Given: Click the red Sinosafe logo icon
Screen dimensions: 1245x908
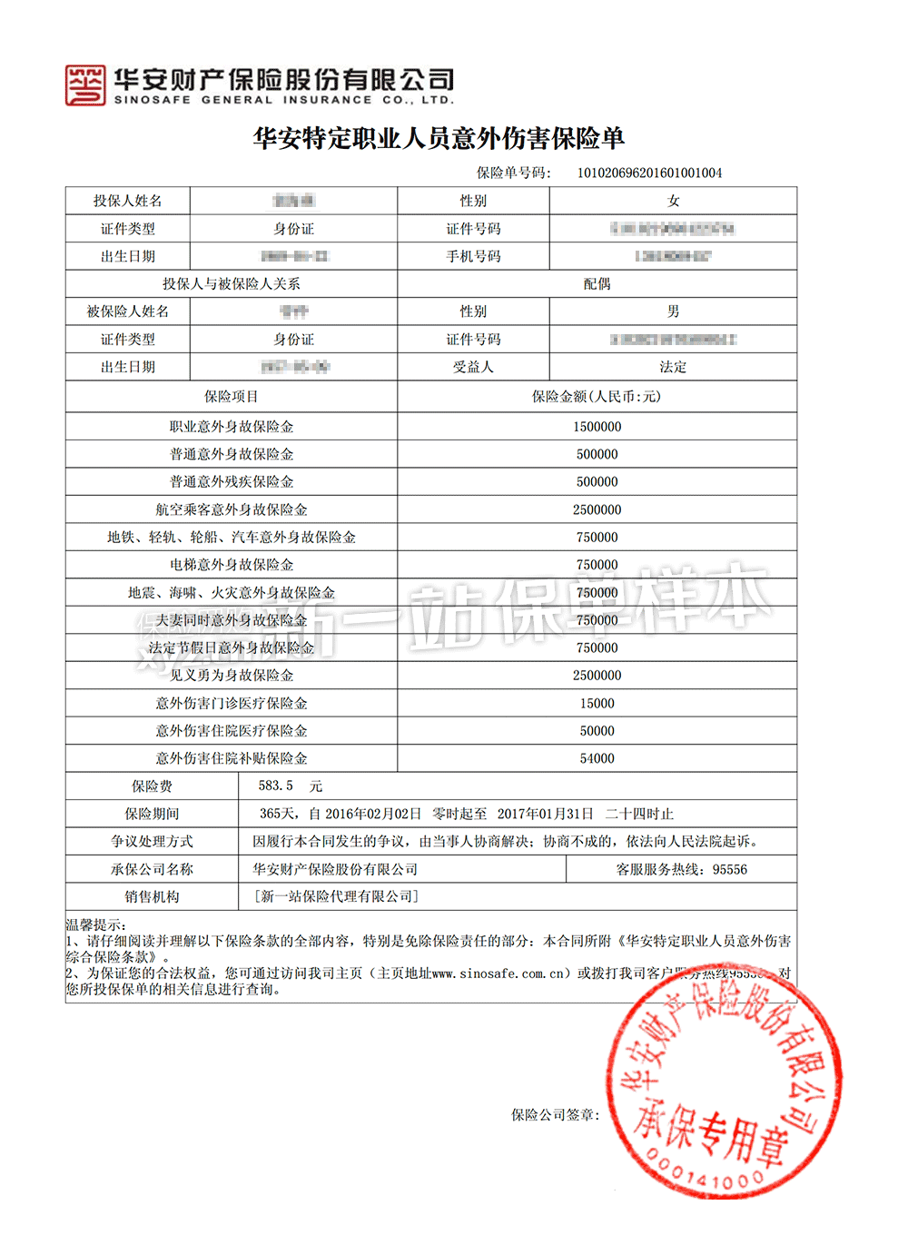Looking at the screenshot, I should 85,85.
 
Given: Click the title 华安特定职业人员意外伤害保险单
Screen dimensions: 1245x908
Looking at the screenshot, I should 439,138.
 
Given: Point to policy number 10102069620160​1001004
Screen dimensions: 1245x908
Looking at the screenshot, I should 649,173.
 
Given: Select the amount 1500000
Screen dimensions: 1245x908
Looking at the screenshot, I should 597,427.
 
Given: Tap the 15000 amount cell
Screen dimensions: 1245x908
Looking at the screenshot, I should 597,703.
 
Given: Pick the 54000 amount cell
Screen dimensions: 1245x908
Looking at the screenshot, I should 597,758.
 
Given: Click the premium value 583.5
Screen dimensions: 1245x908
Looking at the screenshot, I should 275,786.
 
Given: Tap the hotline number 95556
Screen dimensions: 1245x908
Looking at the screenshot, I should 729,869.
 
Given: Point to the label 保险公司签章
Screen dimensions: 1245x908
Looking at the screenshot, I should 555,1114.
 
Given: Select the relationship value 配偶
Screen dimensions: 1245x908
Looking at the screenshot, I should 597,284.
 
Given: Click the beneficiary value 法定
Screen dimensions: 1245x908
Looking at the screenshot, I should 673,367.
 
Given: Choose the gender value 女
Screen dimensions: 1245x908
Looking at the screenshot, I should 673,201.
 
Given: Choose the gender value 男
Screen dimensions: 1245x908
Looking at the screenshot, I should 673,311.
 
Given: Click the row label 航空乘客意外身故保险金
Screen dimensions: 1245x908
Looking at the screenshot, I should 231,509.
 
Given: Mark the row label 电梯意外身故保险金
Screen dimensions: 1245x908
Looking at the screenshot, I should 231,565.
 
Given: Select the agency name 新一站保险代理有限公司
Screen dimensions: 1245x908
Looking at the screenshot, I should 335,896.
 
